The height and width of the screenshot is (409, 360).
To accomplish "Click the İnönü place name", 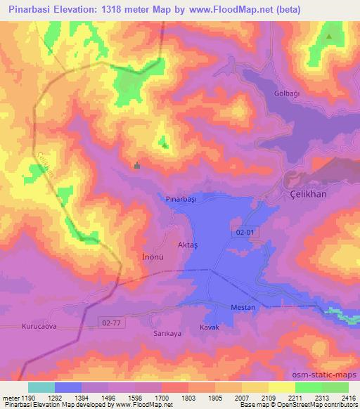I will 143,257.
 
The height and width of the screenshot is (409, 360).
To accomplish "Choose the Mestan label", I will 243,308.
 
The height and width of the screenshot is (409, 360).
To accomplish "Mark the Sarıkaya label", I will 167,334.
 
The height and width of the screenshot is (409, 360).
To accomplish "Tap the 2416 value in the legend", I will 348,397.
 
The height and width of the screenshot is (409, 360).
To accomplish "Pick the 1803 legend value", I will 187,397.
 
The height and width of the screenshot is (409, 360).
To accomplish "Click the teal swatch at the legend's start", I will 41,387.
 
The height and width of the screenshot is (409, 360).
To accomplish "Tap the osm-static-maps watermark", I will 329,375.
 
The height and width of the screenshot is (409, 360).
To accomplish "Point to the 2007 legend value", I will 241,397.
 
